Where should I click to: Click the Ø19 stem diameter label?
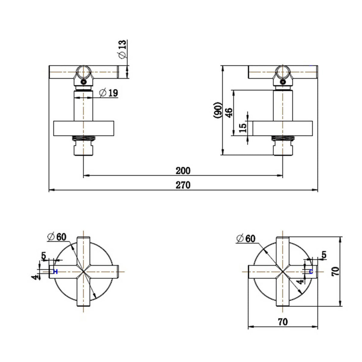[109, 93]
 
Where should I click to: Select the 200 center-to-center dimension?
[183, 171]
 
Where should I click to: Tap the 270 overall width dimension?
[183, 185]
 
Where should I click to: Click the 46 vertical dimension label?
[229, 113]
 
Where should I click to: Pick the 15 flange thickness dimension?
[243, 127]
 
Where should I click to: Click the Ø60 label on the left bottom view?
[57, 237]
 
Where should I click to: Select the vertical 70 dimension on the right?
[336, 271]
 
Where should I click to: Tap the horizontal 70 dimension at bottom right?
[283, 322]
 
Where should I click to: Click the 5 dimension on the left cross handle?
[44, 256]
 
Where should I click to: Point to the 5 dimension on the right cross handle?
[323, 255]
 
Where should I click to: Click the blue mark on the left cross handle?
[55, 271]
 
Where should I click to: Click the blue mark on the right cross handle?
[311, 271]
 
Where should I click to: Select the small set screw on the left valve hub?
[83, 81]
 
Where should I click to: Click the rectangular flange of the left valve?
[84, 128]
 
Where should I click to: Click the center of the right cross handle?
[282, 271]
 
